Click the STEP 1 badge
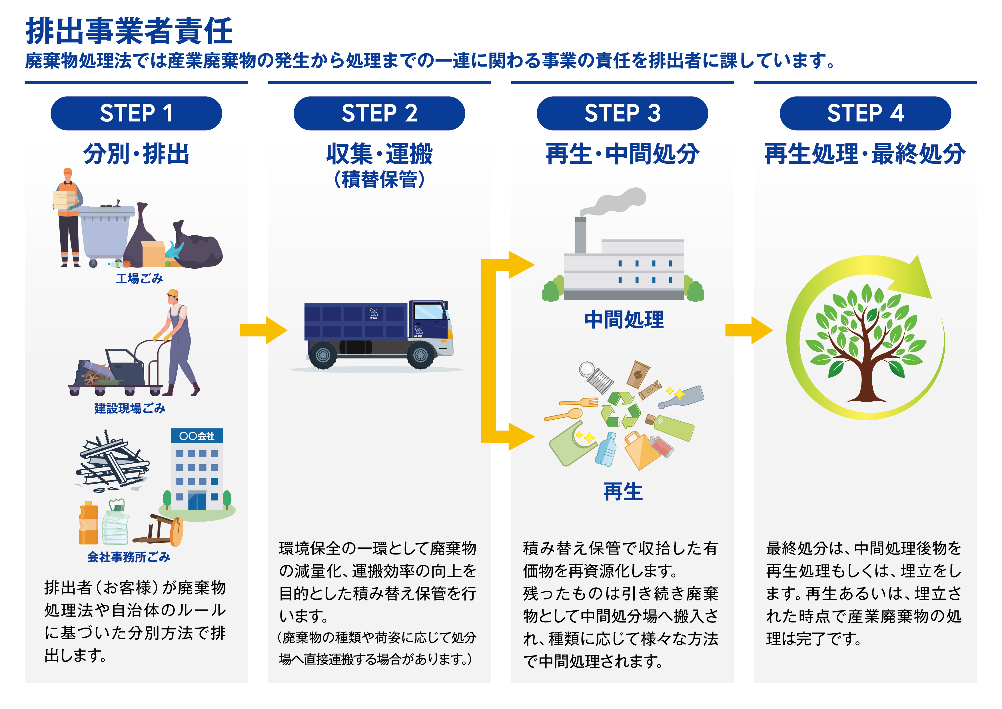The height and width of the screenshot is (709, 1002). [136, 113]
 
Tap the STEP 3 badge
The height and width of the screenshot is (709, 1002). [622, 113]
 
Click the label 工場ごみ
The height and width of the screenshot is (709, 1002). [139, 278]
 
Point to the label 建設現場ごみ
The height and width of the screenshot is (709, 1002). [130, 408]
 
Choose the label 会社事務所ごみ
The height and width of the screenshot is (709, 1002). [129, 557]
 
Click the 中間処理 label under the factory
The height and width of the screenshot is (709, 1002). [624, 320]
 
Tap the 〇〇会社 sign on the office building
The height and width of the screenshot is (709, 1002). [197, 436]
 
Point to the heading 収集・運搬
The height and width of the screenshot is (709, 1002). [379, 154]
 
